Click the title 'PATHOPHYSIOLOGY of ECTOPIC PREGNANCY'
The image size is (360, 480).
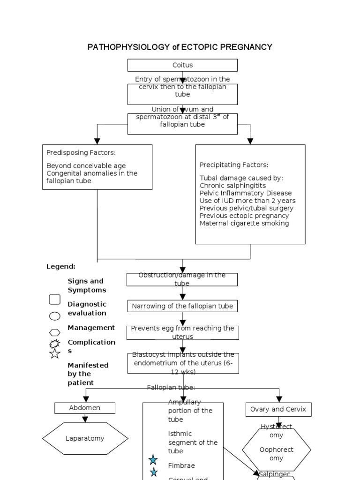coord(180,47)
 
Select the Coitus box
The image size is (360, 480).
coord(182,65)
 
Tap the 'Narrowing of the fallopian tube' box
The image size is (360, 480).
coord(182,306)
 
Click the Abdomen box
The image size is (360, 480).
coord(85,408)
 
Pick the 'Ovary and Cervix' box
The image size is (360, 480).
coord(278,409)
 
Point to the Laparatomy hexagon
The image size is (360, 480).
coord(85,439)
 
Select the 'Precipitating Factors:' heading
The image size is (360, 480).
coord(234,165)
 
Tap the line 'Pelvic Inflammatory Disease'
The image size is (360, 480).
coord(245,193)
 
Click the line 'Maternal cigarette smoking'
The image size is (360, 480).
coord(244,223)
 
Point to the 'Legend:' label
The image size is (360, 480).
coord(61,266)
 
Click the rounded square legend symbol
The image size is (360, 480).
coord(55,299)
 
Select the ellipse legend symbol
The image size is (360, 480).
coord(55,316)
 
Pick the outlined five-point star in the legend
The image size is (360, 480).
coord(55,353)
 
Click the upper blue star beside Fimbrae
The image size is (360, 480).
coord(153,460)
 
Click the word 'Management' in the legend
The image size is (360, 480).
coord(91,328)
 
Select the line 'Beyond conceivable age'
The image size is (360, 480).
coord(86,165)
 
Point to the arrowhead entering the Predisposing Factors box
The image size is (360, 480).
coord(97,141)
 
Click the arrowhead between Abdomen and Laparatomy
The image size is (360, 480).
coord(85,419)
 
